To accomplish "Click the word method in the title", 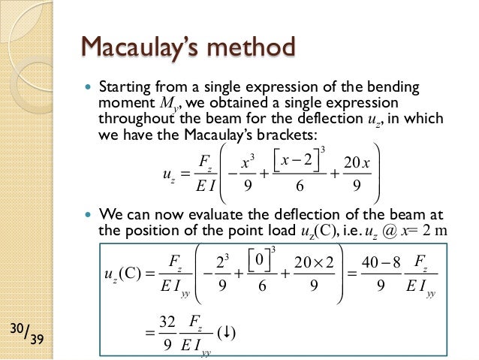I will (252, 49).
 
